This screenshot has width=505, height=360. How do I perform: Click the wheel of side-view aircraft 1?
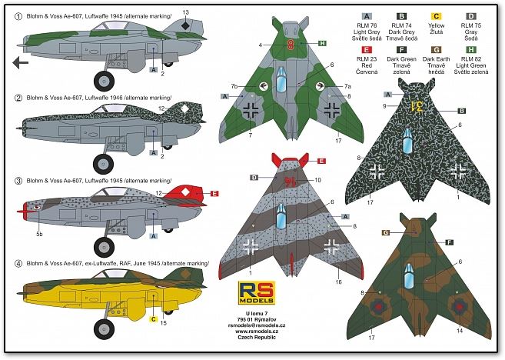(x=102, y=79)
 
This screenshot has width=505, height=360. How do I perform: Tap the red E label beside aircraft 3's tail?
(x=215, y=194)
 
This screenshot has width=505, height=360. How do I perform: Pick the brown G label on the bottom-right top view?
(x=386, y=232)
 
